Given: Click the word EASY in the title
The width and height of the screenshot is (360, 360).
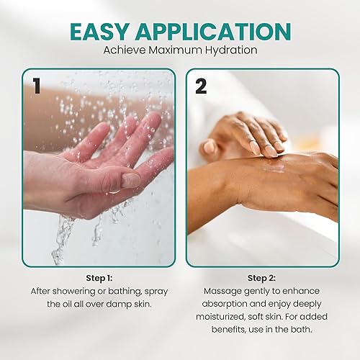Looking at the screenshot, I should [x=107, y=31].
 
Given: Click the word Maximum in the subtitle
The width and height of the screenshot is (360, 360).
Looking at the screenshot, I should [x=176, y=52].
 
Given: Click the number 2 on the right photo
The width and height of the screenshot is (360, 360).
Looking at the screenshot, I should [x=201, y=86].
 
